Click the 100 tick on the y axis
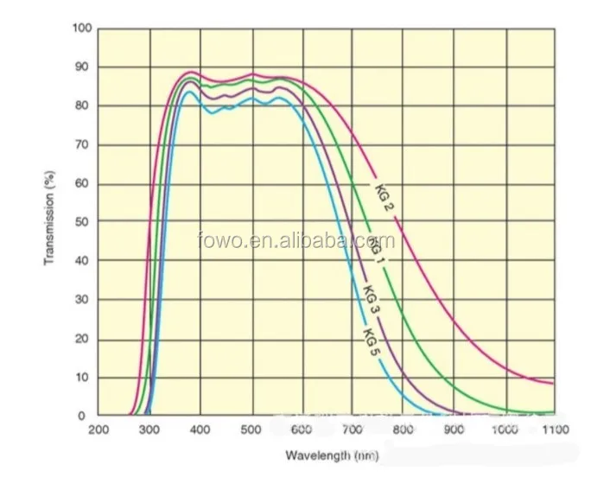click(81, 29)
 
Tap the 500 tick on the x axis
click(251, 429)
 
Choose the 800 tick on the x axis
click(403, 429)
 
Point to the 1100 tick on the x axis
click(553, 429)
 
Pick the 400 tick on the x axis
click(200, 429)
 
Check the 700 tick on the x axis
click(352, 429)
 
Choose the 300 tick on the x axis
click(149, 429)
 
